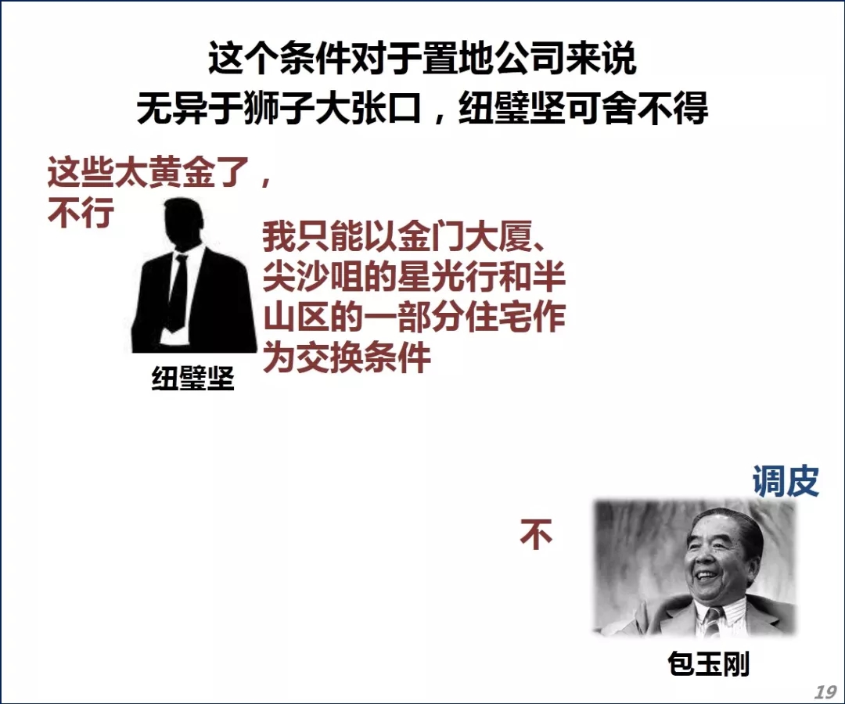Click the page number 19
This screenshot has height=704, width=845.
click(x=825, y=691)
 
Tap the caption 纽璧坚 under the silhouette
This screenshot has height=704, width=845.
click(x=193, y=378)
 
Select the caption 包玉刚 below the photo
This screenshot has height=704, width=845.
click(x=709, y=663)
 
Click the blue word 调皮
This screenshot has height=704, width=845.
click(x=786, y=480)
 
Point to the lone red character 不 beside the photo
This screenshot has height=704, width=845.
click(x=536, y=533)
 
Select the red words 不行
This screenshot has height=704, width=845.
click(x=81, y=213)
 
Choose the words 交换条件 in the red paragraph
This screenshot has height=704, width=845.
click(x=364, y=357)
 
